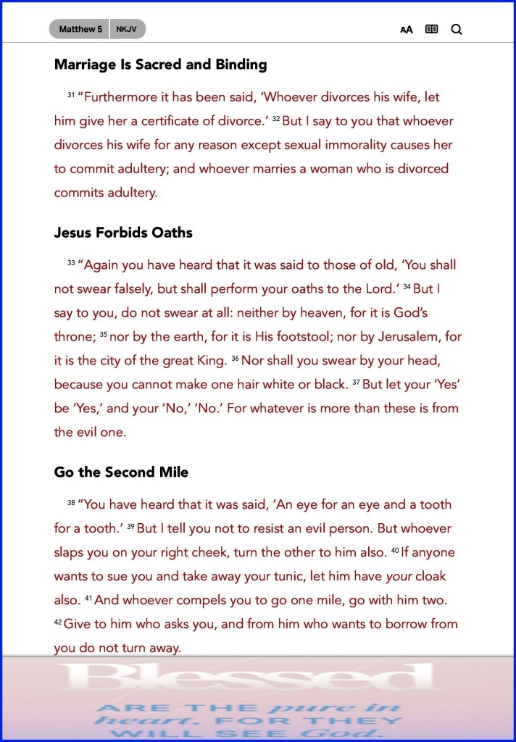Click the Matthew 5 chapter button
click(80, 29)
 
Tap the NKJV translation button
click(128, 29)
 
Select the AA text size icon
click(407, 30)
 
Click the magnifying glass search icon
click(457, 30)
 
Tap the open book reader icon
click(432, 30)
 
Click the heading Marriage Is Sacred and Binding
click(160, 64)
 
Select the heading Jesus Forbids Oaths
click(123, 233)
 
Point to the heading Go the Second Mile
click(121, 472)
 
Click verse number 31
click(71, 95)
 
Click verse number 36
click(235, 358)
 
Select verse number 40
click(395, 550)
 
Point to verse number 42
click(58, 622)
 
